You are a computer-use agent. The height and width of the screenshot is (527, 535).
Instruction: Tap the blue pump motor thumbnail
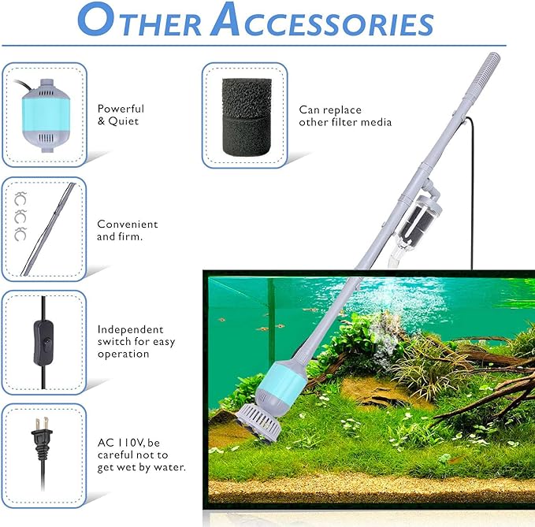(x=43, y=114)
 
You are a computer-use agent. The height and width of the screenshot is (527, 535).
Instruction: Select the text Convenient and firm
(x=128, y=230)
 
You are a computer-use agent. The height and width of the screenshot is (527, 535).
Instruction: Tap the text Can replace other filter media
(x=345, y=116)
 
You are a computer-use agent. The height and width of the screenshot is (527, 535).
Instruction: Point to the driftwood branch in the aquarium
(x=489, y=394)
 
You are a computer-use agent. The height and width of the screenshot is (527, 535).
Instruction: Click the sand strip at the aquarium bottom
(x=370, y=489)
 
